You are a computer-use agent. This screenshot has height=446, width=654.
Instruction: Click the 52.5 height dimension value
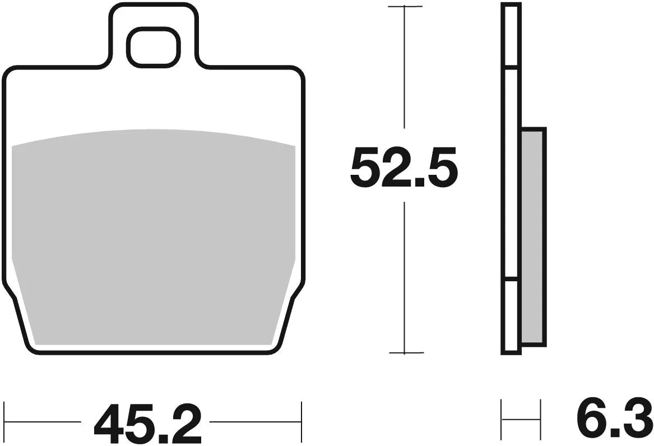click(x=403, y=166)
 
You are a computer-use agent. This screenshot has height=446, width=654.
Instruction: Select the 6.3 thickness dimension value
click(x=614, y=420)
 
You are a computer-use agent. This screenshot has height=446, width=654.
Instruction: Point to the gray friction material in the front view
click(x=153, y=235)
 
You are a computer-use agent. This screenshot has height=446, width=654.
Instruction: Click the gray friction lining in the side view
click(x=532, y=235)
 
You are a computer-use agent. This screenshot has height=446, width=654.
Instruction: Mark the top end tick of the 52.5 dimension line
click(x=405, y=7)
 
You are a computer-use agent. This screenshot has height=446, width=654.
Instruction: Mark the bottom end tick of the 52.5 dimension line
click(x=405, y=353)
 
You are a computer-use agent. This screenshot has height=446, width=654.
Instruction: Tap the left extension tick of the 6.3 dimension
click(x=502, y=420)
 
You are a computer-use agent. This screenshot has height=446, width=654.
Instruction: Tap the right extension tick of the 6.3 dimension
click(x=540, y=420)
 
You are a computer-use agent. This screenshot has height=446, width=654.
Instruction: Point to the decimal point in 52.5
click(x=409, y=182)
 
